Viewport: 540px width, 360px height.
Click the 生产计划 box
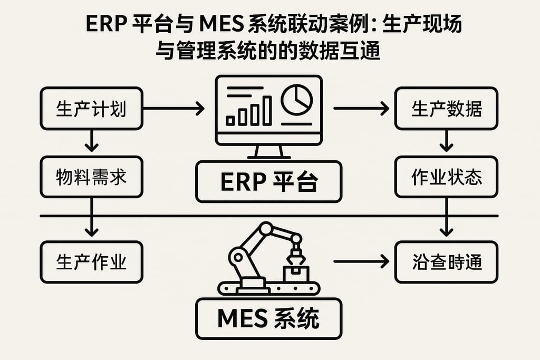point(91,109)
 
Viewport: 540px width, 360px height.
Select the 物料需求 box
point(91,177)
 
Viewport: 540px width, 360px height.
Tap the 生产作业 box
point(91,262)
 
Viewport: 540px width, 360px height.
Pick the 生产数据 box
point(446,109)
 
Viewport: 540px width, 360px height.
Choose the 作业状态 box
point(446,177)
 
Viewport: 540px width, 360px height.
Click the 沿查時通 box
point(446,262)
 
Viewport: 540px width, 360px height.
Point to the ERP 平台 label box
point(268,182)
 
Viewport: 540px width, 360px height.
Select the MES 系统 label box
point(268,318)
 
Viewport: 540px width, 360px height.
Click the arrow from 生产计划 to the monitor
point(174,109)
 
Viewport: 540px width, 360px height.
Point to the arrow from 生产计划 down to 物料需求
point(92,141)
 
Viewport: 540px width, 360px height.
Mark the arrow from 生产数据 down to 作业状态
point(447,141)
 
